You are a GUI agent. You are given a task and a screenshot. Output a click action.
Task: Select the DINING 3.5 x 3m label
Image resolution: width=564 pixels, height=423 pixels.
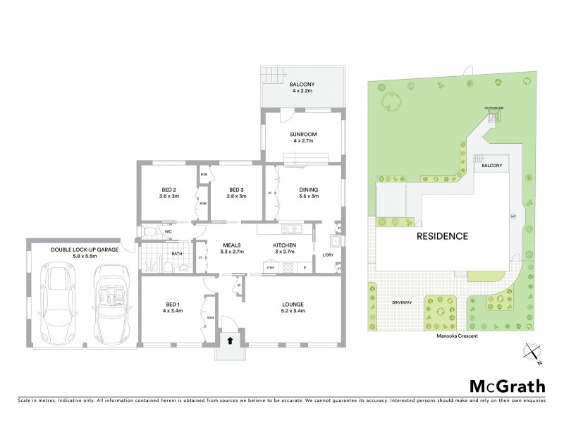pyautogui.click(x=308, y=192)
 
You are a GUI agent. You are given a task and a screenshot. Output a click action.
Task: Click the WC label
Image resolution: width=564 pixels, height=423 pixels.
pyautogui.click(x=168, y=231)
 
